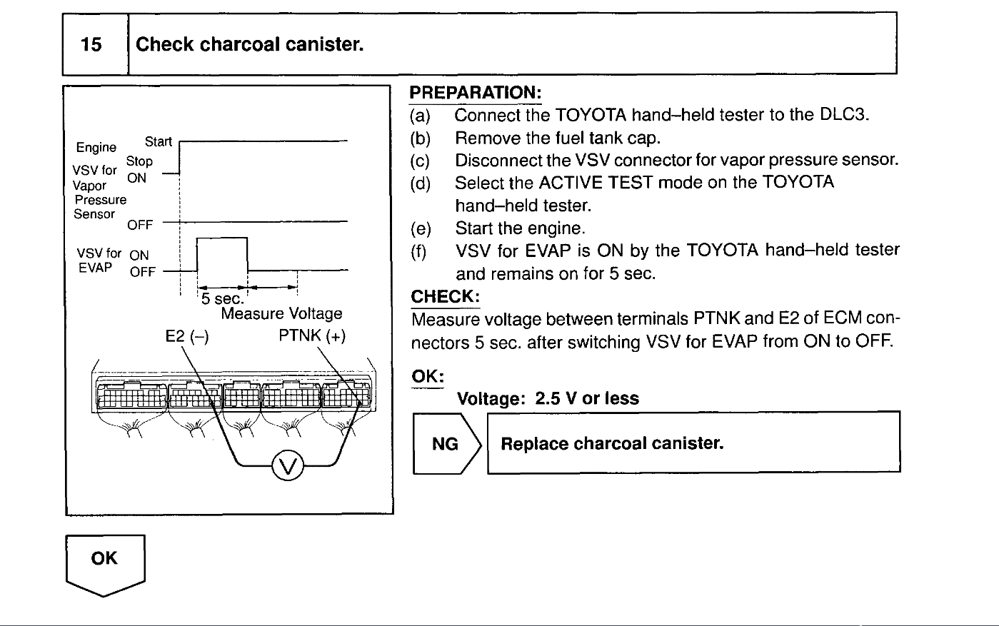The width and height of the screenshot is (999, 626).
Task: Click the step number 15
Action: pos(91,45)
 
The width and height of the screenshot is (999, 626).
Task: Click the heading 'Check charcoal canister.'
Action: pos(250,45)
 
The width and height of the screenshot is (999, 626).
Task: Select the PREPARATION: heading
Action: pos(476,94)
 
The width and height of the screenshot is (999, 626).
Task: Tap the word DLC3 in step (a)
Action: pos(843,115)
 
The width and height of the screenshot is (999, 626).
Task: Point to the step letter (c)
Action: pos(422,160)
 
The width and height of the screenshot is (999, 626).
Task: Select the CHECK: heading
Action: pos(446,296)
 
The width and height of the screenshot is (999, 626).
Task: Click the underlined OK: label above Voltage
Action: pos(428,375)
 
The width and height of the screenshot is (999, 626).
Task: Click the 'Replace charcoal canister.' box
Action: pos(693,444)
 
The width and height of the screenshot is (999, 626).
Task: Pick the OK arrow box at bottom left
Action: pos(104,560)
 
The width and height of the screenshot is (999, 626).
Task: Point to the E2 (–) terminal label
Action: pos(187,336)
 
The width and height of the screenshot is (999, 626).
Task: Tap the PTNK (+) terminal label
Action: pos(312,336)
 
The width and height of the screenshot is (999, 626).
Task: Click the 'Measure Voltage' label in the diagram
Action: pos(281,313)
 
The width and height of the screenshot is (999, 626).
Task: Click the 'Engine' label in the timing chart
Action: pos(96,147)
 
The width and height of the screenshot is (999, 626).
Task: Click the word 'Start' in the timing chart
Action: pos(158,141)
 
